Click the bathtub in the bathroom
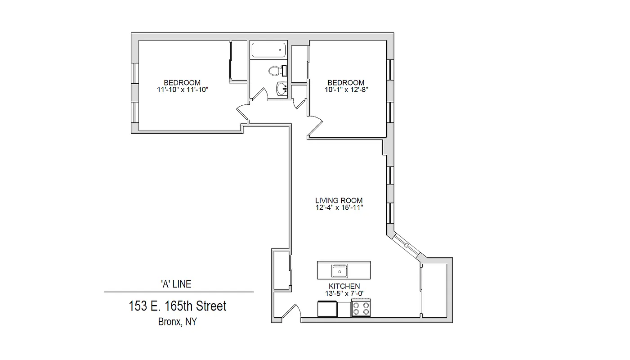269,50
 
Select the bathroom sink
282,89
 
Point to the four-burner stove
361,309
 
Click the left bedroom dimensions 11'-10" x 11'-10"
182,90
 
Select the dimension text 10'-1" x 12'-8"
346,89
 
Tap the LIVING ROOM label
339,201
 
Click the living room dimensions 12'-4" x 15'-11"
339,207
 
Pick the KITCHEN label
344,286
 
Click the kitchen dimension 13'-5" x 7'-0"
344,293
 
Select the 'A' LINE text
176,284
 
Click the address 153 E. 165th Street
178,306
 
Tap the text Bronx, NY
177,322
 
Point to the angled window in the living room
406,246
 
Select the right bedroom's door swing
314,126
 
